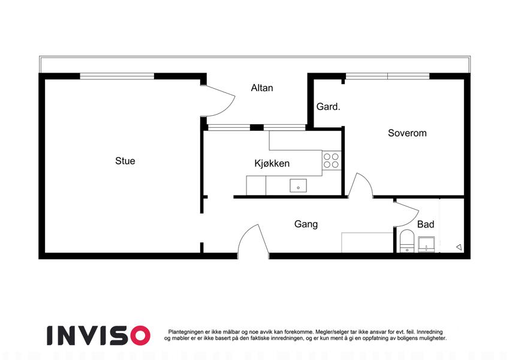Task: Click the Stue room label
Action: point(125,161)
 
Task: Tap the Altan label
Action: point(262,88)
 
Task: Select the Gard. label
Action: point(328,107)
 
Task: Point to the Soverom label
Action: point(407,133)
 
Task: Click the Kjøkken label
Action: point(272,163)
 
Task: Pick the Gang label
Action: point(306,224)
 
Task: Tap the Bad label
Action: point(426,224)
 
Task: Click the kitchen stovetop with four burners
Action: point(332,161)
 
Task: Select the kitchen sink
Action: point(298,185)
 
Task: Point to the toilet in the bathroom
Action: point(406,241)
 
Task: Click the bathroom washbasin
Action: point(426,244)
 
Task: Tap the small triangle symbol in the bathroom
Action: point(459,247)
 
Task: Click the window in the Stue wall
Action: point(117,76)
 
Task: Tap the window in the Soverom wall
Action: point(387,76)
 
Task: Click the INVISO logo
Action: point(98,335)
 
